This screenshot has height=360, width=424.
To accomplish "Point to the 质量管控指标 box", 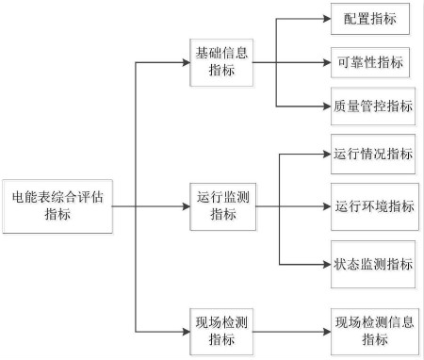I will (x=372, y=106).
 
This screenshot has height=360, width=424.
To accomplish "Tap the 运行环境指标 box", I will (x=372, y=206).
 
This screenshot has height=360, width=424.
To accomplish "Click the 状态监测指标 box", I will (x=372, y=263).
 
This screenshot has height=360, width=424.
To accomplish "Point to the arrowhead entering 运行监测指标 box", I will (x=185, y=205).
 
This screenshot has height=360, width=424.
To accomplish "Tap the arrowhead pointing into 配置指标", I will (x=325, y=19).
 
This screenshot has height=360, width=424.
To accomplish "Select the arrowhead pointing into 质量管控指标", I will (x=325, y=106).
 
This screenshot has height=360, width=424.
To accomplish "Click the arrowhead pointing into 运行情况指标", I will (x=325, y=153).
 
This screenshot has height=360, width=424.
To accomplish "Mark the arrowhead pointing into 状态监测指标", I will (x=325, y=263).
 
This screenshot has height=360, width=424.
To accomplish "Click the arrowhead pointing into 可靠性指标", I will (x=325, y=63).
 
